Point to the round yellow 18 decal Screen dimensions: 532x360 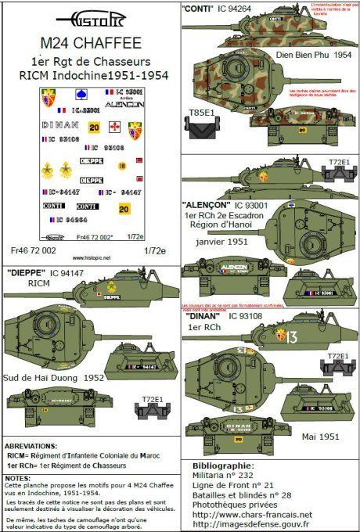click(x=121, y=165)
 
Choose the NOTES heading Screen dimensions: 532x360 click(x=18, y=476)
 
